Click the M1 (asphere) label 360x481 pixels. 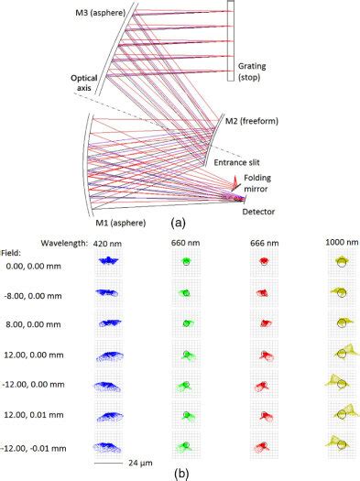click(x=109, y=219)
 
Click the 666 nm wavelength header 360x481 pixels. click(x=265, y=243)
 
